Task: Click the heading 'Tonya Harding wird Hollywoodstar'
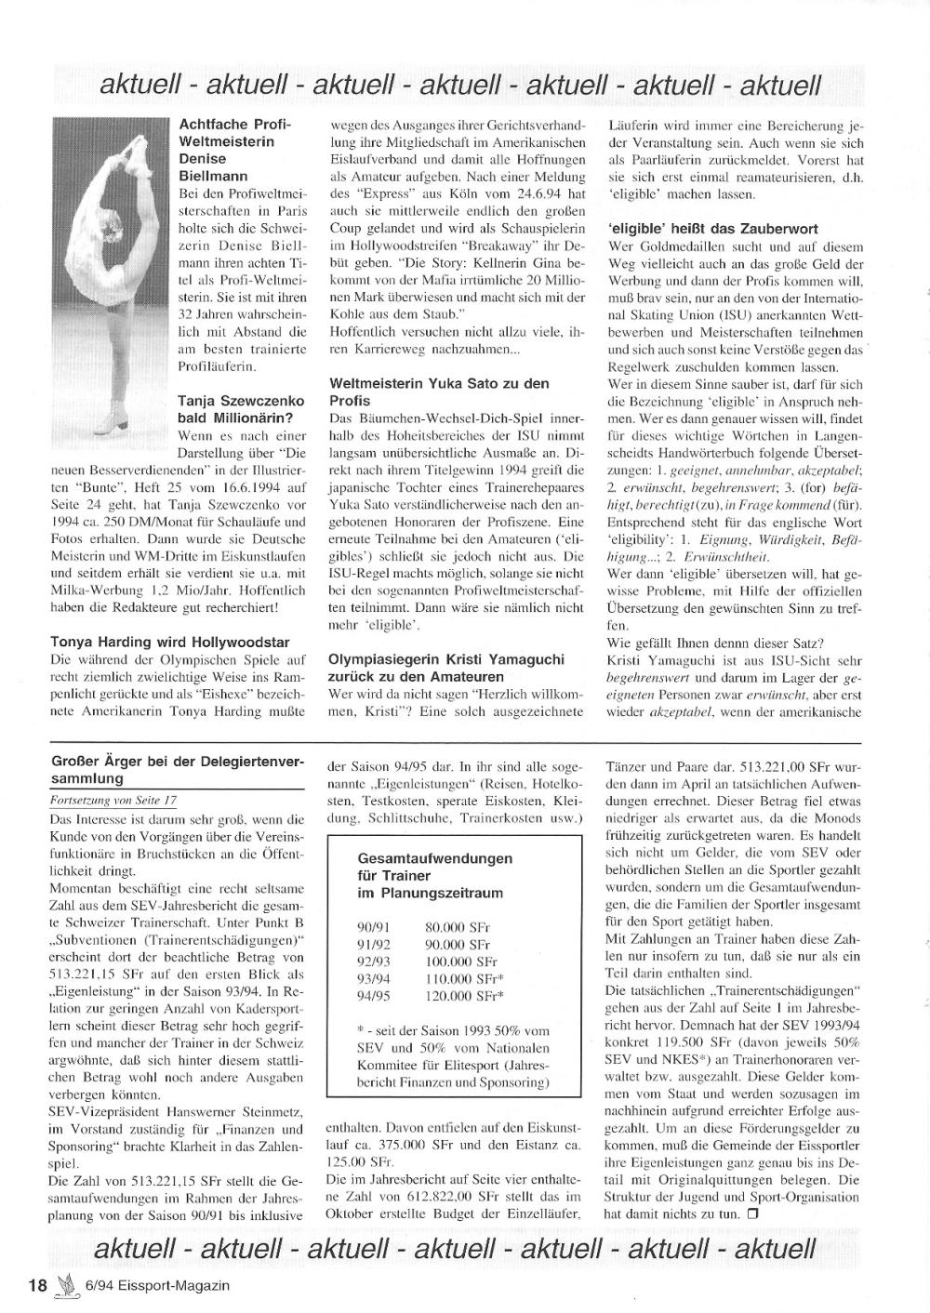coord(171,642)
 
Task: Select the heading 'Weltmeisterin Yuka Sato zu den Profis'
coord(439,391)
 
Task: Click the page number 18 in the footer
coord(37,1285)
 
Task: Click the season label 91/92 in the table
coord(375,945)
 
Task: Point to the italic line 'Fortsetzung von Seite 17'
coord(113,801)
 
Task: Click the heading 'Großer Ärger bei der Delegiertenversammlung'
coord(177,770)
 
